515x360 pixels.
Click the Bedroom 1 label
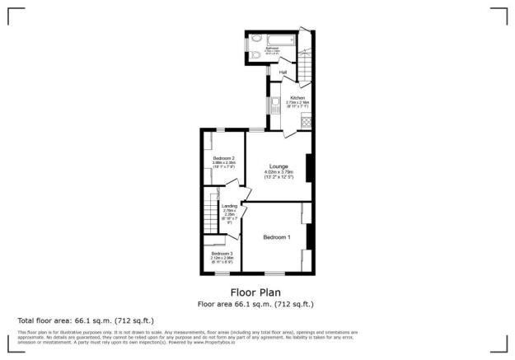[276, 237]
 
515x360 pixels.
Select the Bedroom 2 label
[224, 158]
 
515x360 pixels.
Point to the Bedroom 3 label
[222, 254]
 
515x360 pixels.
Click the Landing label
[230, 206]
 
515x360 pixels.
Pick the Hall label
[283, 72]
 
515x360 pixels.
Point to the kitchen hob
[306, 121]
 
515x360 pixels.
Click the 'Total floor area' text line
[86, 320]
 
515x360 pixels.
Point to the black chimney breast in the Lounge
[308, 167]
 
